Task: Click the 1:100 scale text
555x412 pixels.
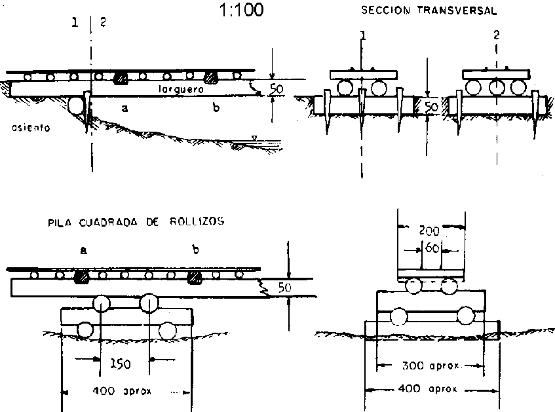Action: [x=243, y=11]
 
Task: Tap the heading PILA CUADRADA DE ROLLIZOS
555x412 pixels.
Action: [x=136, y=221]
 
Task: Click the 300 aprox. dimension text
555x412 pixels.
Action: [x=430, y=365]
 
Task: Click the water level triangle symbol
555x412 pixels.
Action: [x=254, y=138]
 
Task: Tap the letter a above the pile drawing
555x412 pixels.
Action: [x=83, y=250]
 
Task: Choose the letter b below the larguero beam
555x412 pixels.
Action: [x=216, y=109]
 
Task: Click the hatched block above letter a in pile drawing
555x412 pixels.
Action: [x=83, y=276]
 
